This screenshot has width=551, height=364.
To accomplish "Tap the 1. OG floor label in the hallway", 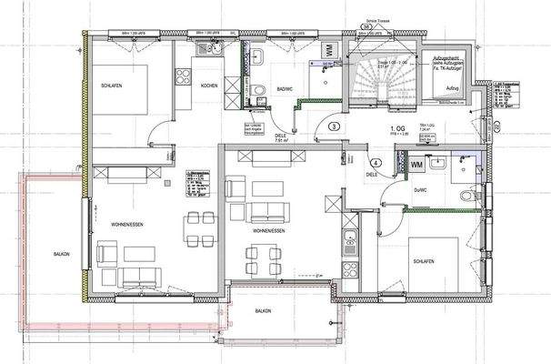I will pyautogui.click(x=396, y=129).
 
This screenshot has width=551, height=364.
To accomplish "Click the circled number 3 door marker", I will pyautogui.click(x=334, y=127).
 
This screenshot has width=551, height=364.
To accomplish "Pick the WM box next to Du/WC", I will pyautogui.click(x=416, y=166).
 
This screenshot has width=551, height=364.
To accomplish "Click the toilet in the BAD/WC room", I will pyautogui.click(x=258, y=89).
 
